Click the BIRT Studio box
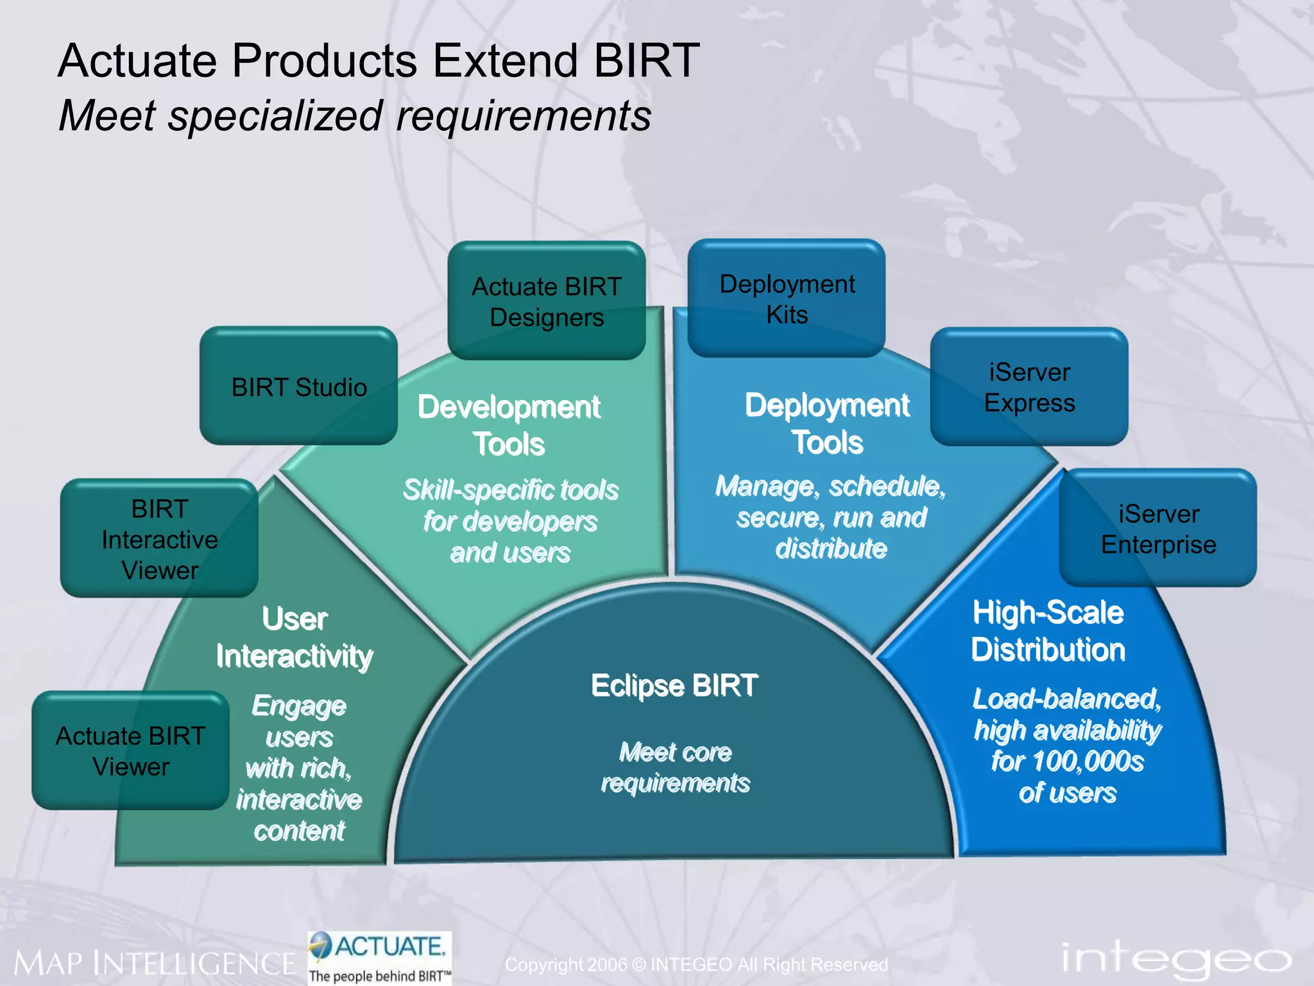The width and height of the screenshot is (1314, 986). (x=299, y=386)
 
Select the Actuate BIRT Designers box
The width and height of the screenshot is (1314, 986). (x=547, y=301)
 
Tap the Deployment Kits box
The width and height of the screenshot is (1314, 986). (x=787, y=298)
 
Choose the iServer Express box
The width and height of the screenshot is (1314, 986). (x=1029, y=387)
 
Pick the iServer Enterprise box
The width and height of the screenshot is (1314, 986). (x=1158, y=528)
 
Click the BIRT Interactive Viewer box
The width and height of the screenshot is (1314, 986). (x=160, y=539)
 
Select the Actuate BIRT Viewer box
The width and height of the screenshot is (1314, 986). (x=131, y=750)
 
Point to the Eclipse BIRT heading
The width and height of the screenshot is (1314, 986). (x=674, y=685)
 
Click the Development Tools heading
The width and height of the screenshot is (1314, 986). (x=509, y=425)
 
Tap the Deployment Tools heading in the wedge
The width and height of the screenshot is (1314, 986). (x=827, y=424)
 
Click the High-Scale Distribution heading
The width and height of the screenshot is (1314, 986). (x=1048, y=630)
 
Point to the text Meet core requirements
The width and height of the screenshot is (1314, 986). (x=675, y=767)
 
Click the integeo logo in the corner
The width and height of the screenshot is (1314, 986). (x=1175, y=958)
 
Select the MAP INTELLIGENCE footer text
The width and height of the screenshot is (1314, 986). (x=154, y=964)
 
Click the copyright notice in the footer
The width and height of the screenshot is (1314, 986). (x=696, y=964)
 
